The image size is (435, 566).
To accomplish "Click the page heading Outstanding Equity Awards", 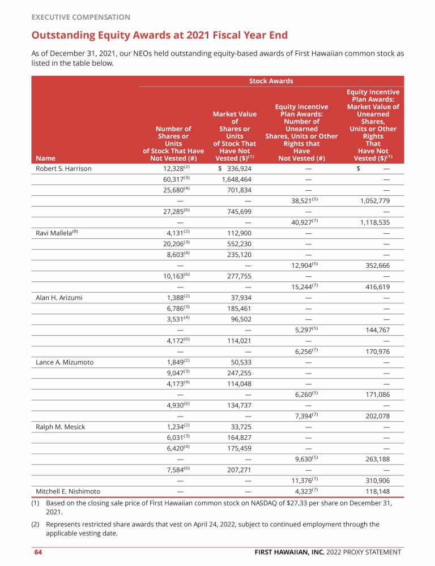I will tap(159, 36).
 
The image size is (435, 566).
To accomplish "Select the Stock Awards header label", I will tap(271, 81).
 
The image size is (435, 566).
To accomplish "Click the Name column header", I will tap(42, 158).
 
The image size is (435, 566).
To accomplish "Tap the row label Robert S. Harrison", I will tap(63, 169).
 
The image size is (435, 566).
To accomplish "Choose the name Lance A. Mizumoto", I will tap(65, 362).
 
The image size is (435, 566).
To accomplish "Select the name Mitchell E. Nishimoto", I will tap(68, 491).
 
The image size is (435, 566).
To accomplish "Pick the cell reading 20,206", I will tap(174, 244).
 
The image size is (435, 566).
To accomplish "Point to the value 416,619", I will tap(376, 287).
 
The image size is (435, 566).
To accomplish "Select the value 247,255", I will tap(237, 373).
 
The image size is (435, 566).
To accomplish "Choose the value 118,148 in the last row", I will tap(376, 491).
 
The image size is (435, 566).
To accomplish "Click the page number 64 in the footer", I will tap(38, 552).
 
